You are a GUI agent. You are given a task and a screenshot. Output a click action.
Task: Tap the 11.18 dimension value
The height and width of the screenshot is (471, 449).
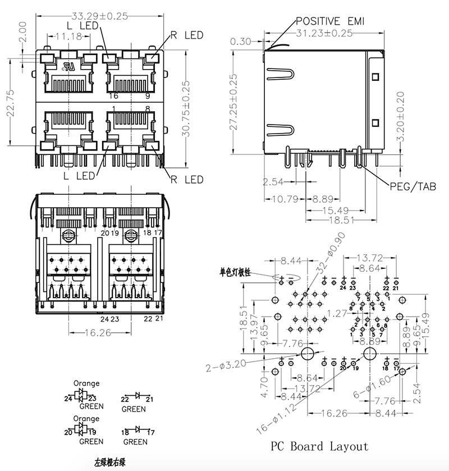coord(69,36)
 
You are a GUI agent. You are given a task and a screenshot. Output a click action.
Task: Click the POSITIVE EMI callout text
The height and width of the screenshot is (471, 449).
coord(331,21)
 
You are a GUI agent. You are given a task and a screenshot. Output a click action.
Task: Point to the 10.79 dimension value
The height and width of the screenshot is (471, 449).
coord(283,199)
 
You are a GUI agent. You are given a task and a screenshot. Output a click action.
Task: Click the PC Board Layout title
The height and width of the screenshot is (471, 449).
coord(320,446)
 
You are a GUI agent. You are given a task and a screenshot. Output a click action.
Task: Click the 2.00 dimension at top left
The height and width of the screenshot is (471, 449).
coord(22,33)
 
